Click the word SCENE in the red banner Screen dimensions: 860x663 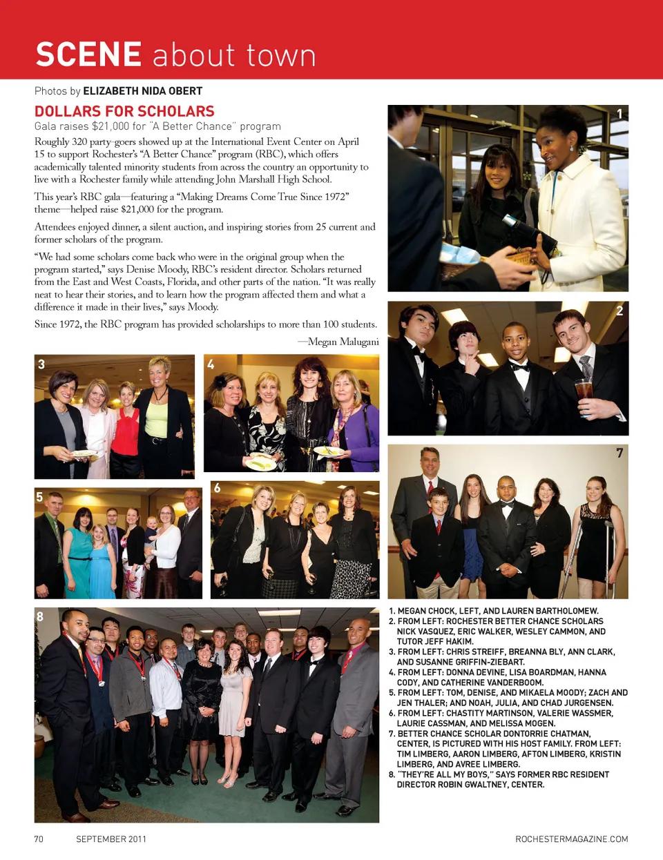point(88,55)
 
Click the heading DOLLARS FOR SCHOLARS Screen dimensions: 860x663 point(124,111)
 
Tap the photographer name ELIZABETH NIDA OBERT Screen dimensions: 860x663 point(142,90)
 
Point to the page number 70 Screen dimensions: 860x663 point(39,839)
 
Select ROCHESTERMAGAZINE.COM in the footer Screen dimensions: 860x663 point(571,839)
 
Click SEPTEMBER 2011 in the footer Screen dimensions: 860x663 point(111,839)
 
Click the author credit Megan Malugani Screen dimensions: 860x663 point(343,342)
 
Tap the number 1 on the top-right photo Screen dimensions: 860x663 point(619,114)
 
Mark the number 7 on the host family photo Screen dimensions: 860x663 point(619,453)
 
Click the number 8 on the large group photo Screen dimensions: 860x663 point(40,616)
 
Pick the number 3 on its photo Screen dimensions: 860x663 point(41,364)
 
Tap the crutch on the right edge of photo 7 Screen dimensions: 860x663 point(610,552)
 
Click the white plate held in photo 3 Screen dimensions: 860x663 point(84,453)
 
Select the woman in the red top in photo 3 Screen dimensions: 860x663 point(126,428)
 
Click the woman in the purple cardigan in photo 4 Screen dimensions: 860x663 point(354,421)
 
